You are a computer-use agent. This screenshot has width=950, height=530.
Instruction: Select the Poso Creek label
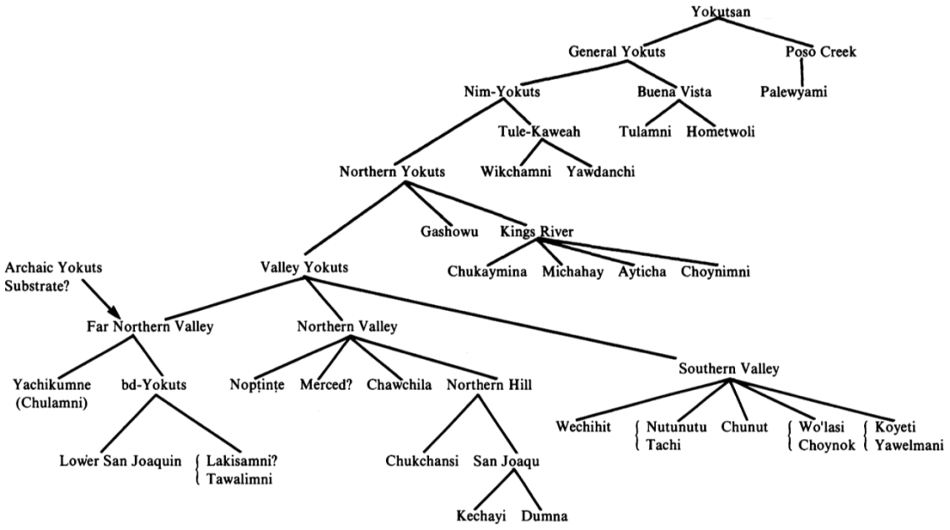coord(820,52)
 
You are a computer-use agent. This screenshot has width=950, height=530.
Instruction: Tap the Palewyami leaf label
coord(793,92)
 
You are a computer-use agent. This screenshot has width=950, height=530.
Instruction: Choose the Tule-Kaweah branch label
coord(539,132)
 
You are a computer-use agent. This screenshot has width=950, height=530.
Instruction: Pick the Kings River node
coord(537,231)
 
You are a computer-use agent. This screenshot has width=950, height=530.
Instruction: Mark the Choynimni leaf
coord(715,272)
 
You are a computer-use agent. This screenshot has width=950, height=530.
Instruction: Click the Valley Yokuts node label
coord(304,267)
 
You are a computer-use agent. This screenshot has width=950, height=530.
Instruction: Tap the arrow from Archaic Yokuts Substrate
coord(110,301)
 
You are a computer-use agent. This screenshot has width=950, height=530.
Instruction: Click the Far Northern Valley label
coord(150,326)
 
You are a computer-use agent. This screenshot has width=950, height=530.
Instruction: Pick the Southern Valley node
coord(728,368)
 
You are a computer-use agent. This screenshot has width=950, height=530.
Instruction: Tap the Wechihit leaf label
coord(584,428)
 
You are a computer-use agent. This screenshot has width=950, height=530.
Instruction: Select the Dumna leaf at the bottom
coord(544,516)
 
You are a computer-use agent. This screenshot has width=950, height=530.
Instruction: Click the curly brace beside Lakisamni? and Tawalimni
coord(197,468)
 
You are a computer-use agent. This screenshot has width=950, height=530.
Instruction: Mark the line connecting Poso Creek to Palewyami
coord(802,72)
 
